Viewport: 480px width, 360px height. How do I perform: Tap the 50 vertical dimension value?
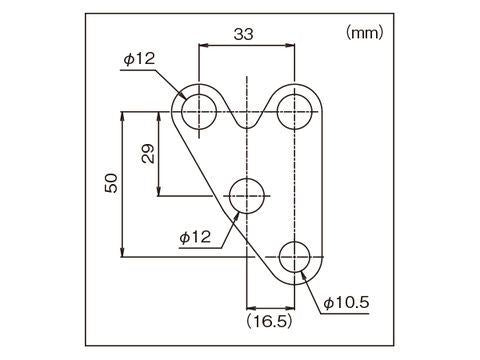pos(111,183)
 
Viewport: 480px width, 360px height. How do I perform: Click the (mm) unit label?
pos(364,33)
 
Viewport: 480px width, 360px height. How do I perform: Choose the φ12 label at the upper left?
pos(139,60)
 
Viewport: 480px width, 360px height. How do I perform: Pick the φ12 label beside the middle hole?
pos(196,237)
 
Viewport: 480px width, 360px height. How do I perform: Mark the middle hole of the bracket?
pos(247,196)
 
